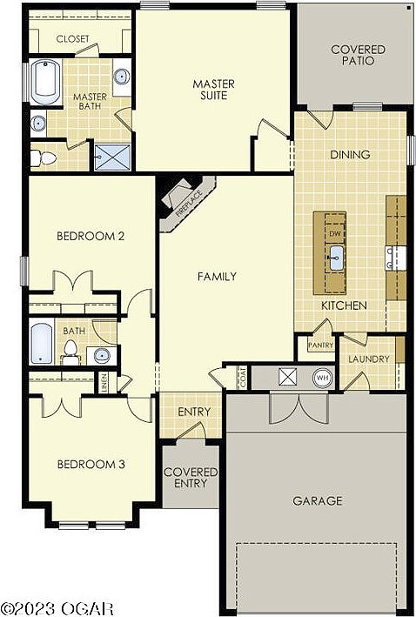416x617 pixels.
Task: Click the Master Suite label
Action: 210,90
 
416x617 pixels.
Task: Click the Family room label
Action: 217,277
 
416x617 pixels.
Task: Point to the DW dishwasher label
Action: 335,234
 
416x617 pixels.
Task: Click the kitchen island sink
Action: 335,254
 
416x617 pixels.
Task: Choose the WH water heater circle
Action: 323,378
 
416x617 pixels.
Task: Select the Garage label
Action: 317,500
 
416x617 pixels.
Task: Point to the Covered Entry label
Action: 191,478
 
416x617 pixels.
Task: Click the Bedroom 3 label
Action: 91,465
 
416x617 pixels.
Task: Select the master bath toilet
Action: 42,157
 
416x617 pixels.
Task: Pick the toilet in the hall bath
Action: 70,351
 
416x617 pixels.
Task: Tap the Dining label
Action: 350,155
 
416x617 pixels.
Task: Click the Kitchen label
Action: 344,305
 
